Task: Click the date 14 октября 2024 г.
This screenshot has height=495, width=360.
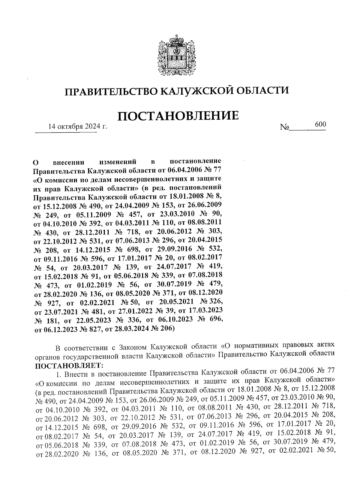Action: click(x=78, y=127)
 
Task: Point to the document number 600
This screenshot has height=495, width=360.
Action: click(x=320, y=124)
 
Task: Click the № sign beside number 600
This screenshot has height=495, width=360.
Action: click(x=284, y=127)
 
